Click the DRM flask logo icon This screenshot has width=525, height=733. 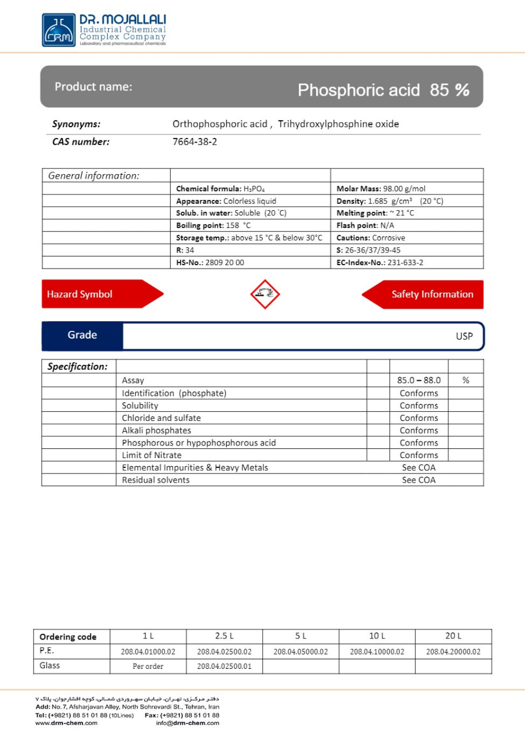[x=58, y=30]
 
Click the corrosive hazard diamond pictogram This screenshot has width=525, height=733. [x=265, y=294]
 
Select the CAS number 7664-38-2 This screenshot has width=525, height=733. [x=195, y=142]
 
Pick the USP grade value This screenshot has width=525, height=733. [x=464, y=336]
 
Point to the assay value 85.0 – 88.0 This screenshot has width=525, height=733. [x=419, y=380]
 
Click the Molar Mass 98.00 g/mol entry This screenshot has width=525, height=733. [x=381, y=188]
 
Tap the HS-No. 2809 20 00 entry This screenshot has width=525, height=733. [x=210, y=263]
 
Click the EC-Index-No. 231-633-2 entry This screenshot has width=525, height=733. [x=380, y=263]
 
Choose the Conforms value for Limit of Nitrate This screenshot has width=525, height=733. [x=419, y=455]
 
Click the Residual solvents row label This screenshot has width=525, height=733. [x=155, y=480]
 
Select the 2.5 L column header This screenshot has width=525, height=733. [x=224, y=636]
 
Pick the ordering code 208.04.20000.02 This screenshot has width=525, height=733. [x=453, y=652]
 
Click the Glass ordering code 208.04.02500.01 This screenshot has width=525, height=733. [x=224, y=667]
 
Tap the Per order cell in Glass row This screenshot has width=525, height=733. [x=148, y=667]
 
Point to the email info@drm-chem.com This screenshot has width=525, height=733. [x=187, y=723]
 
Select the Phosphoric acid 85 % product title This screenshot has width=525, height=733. [x=383, y=90]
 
